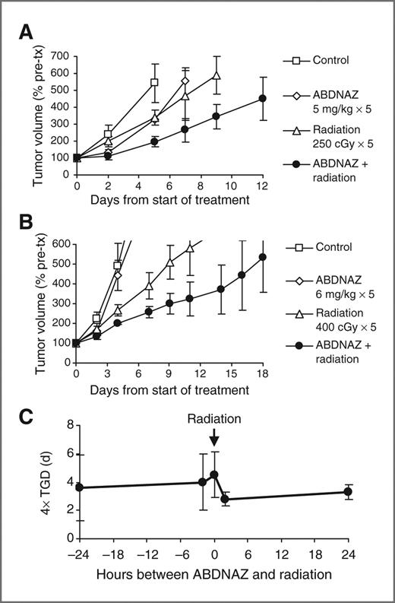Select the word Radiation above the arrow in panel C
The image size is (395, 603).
[x=214, y=419]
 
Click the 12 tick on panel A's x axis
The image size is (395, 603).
[x=263, y=185]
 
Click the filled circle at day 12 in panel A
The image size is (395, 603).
[x=263, y=98]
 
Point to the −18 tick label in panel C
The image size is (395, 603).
[x=112, y=554]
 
